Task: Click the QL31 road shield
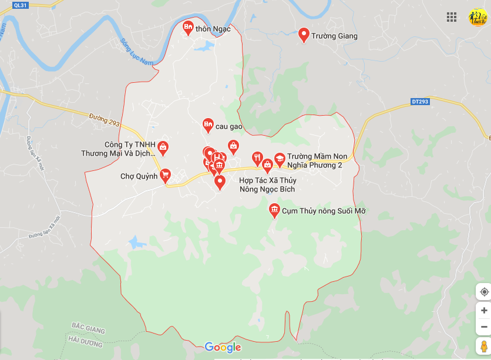coord(20,5)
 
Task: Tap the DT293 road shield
coord(420,102)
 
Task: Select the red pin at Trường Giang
coord(304,35)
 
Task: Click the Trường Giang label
coord(334,36)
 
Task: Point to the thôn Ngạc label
coord(213,29)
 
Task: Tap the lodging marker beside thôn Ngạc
coord(189,27)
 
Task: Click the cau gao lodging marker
coord(207,124)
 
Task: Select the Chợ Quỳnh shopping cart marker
coord(166,174)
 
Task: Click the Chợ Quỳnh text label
coord(139,176)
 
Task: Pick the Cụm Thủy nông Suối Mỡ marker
coord(274,210)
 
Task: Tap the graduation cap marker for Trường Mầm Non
coord(280,159)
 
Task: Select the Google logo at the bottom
coord(223,347)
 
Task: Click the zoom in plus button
coord(484,310)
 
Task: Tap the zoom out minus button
coord(484,327)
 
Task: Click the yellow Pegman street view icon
coord(483,346)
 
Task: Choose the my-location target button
coord(484,292)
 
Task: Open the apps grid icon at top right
coord(452,17)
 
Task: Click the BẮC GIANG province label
coord(88,327)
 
